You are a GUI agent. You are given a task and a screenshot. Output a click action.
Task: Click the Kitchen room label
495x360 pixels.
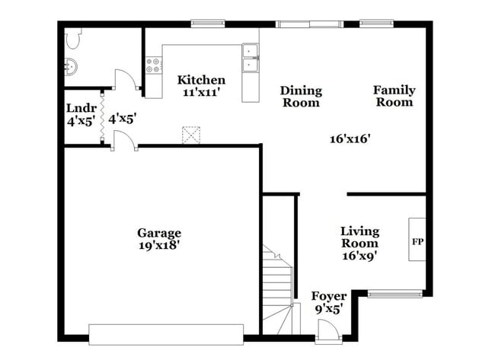point(201,80)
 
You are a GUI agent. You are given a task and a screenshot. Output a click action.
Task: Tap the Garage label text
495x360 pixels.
point(159,233)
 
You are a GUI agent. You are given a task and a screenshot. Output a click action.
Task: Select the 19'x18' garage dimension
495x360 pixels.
point(159,246)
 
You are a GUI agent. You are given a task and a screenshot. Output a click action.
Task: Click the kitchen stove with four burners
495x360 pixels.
point(153,65)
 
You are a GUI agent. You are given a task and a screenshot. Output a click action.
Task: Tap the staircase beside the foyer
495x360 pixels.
point(279,285)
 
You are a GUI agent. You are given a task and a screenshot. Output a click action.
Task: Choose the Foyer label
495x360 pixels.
point(329,296)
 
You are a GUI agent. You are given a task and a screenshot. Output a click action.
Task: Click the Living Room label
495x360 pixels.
point(359,237)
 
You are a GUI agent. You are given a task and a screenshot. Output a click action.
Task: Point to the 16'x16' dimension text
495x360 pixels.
point(350,139)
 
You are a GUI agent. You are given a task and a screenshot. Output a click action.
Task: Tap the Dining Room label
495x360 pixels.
point(301,96)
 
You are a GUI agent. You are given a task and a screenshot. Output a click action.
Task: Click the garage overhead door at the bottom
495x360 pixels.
point(166,334)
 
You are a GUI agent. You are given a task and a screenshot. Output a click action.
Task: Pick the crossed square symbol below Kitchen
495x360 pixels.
point(190,135)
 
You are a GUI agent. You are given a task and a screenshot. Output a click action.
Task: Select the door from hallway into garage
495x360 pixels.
point(123,141)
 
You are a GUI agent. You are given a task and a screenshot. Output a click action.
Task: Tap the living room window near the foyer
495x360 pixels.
point(394,293)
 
